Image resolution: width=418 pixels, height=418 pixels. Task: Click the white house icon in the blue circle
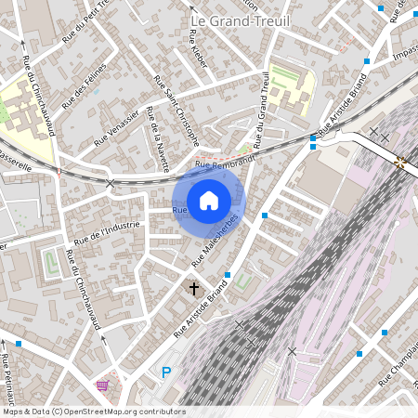point(209,200)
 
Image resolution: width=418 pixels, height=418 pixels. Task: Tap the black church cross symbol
point(195,289)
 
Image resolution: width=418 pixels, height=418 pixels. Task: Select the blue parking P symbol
point(167,372)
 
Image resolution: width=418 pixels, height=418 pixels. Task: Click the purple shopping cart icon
point(102,385)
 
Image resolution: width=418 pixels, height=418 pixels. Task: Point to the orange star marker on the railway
point(401,163)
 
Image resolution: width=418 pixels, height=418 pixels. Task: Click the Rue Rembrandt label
point(225,163)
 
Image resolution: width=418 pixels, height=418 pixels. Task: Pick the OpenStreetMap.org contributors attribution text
point(120,411)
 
